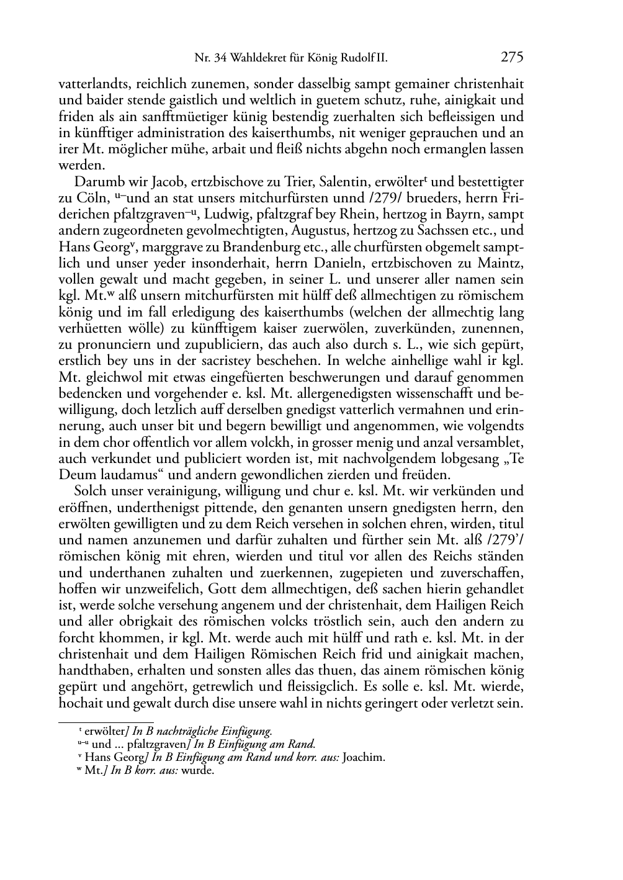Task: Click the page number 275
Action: point(513,58)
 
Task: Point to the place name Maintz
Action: point(502,263)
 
